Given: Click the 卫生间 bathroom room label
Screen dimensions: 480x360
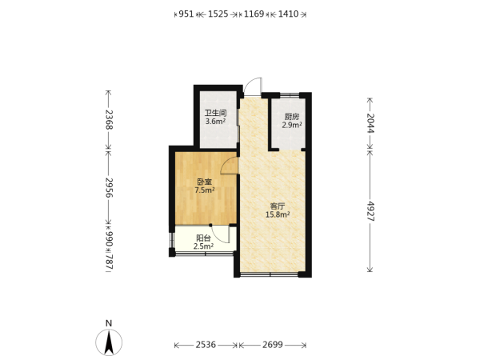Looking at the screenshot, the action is point(215,113).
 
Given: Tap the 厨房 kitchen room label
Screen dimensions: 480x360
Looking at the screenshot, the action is point(292,117).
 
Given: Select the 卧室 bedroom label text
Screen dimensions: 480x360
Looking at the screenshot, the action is point(205,182).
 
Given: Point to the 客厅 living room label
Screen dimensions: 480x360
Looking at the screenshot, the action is point(278,206).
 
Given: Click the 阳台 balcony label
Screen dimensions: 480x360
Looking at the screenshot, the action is point(203,238).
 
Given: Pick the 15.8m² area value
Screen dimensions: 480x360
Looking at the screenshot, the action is point(278,214).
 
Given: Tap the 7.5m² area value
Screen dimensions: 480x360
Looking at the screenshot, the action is point(205,190).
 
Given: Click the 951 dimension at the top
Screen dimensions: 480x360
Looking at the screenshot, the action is point(186,14).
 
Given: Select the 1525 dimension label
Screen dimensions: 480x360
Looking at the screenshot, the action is point(218,14).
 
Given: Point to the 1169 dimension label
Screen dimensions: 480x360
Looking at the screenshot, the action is point(254,14).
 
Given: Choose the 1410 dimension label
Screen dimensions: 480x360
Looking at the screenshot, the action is point(288,14).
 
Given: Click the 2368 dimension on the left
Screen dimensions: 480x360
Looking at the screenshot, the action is point(109,119).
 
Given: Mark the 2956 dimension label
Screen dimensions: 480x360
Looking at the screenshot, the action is point(109,187).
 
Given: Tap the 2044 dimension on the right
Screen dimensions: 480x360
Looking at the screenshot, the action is point(370,123).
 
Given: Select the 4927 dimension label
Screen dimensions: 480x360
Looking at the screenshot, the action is point(370,211).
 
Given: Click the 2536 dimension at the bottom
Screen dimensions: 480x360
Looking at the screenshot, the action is point(206,345).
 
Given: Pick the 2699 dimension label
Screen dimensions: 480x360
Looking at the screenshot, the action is point(273,345).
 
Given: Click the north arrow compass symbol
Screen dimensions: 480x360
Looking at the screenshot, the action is point(109,342).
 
